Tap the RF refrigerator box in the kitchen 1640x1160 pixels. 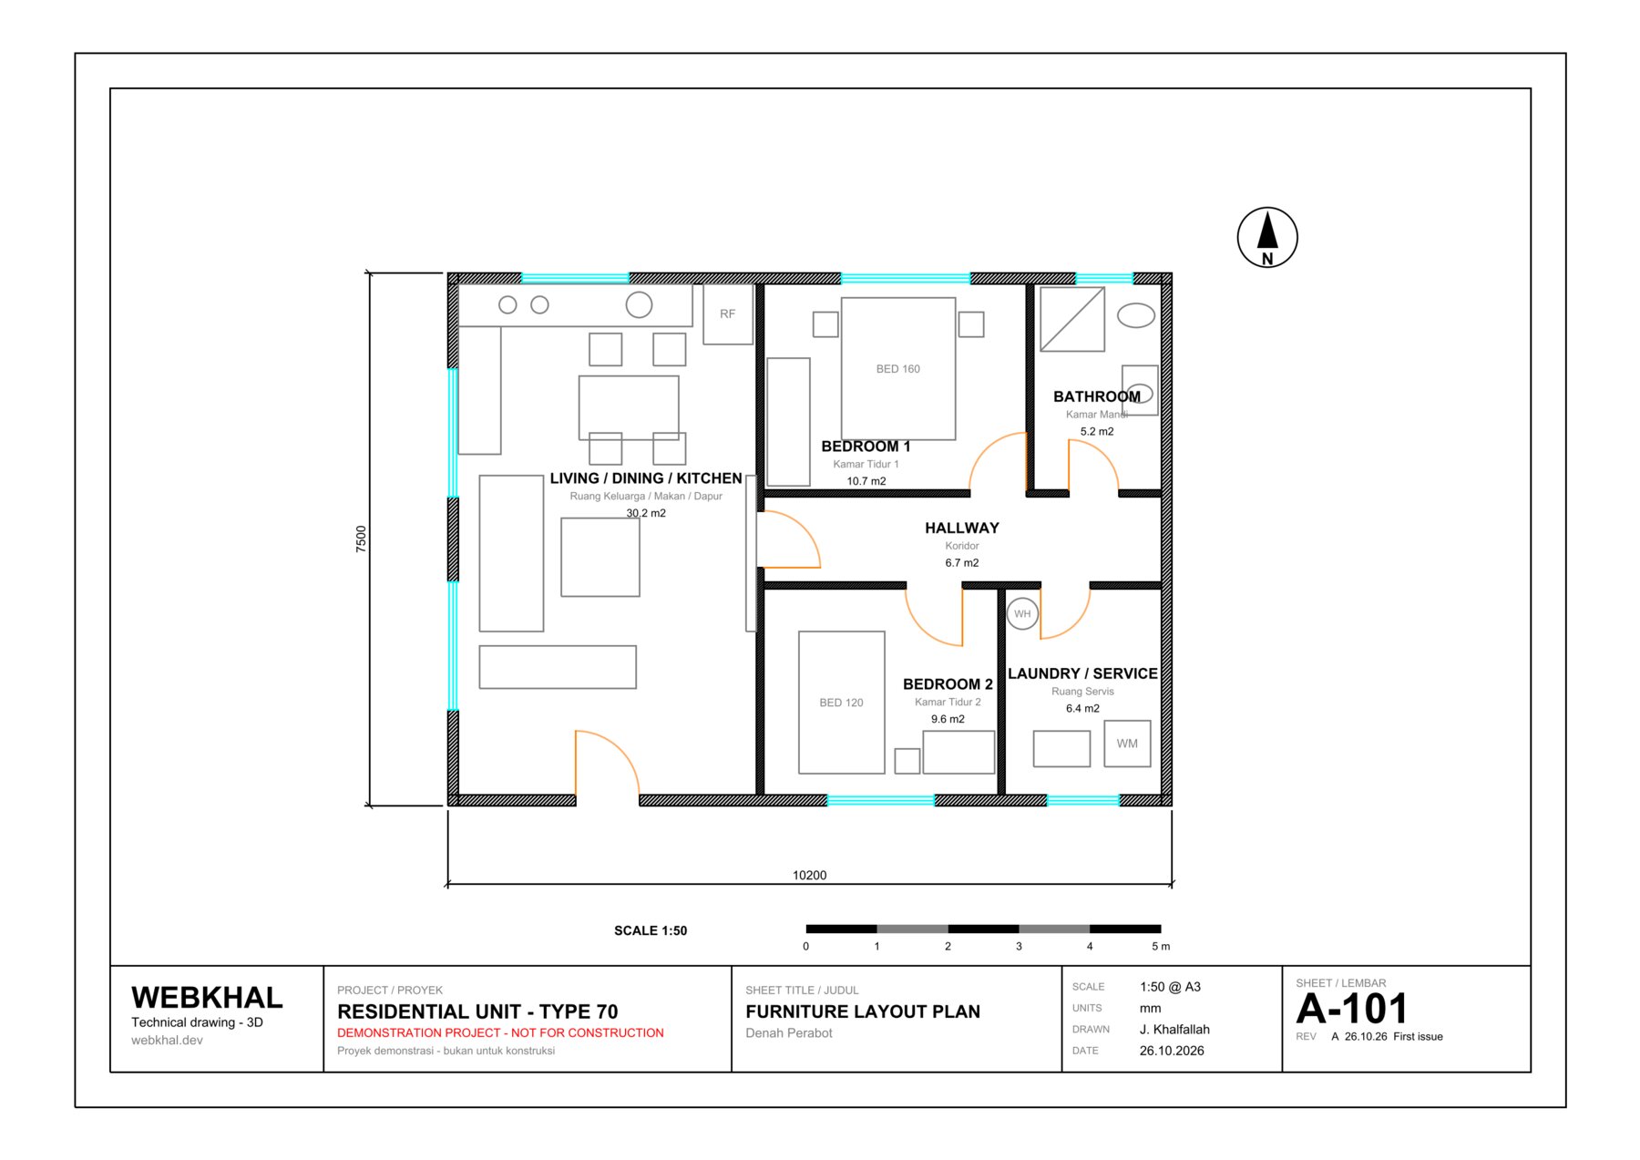tap(728, 313)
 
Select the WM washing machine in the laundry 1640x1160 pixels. tap(1127, 744)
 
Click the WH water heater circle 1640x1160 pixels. tap(1022, 614)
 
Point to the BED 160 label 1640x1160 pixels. tap(898, 369)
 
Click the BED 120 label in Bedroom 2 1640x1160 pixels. tap(841, 703)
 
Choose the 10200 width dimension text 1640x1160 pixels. tap(809, 876)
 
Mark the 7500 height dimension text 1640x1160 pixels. tap(361, 539)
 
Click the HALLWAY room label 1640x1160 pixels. tap(962, 529)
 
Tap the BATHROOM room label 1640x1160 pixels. tap(1097, 397)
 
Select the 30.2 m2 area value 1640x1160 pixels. tap(646, 513)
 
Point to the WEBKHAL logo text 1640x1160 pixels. tap(207, 998)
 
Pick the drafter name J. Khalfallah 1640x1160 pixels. tap(1174, 1030)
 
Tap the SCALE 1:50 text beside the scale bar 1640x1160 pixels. tap(651, 930)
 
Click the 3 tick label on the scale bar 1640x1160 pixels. tap(1019, 947)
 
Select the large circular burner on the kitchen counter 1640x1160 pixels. tap(639, 305)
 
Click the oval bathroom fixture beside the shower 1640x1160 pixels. tap(1136, 316)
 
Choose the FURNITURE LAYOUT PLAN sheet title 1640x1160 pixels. tap(863, 1011)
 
